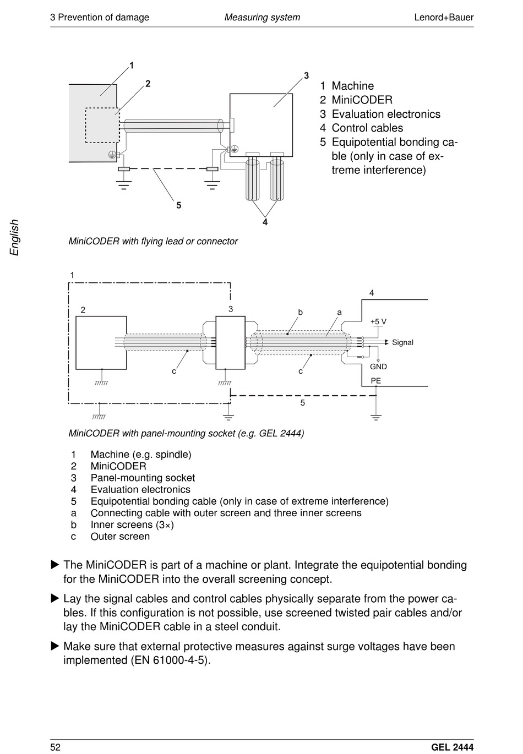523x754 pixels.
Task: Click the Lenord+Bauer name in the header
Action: pos(443,17)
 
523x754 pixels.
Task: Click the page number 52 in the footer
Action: pos(55,747)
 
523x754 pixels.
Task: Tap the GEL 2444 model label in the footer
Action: pos(452,747)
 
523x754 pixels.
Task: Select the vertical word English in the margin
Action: pos(15,237)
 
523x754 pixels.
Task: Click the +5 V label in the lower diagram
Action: pos(378,321)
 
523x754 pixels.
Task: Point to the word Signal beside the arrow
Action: pos(402,342)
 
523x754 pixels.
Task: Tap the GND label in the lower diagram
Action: pos(378,367)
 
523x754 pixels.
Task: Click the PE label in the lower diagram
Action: pos(376,381)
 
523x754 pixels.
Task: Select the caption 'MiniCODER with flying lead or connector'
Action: pos(153,241)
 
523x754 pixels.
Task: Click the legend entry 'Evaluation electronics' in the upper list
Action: pos(386,114)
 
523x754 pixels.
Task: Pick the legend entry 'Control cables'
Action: pos(367,128)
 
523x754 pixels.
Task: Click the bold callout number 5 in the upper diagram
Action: pos(179,205)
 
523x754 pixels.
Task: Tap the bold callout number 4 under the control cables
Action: pos(265,222)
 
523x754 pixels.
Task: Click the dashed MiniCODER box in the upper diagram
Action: pos(101,125)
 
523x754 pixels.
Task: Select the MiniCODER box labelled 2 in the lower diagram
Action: pos(101,342)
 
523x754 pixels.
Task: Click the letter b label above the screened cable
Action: pos(301,312)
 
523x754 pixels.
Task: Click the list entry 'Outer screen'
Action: pos(120,536)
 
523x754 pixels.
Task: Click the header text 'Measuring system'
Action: pos(262,17)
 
